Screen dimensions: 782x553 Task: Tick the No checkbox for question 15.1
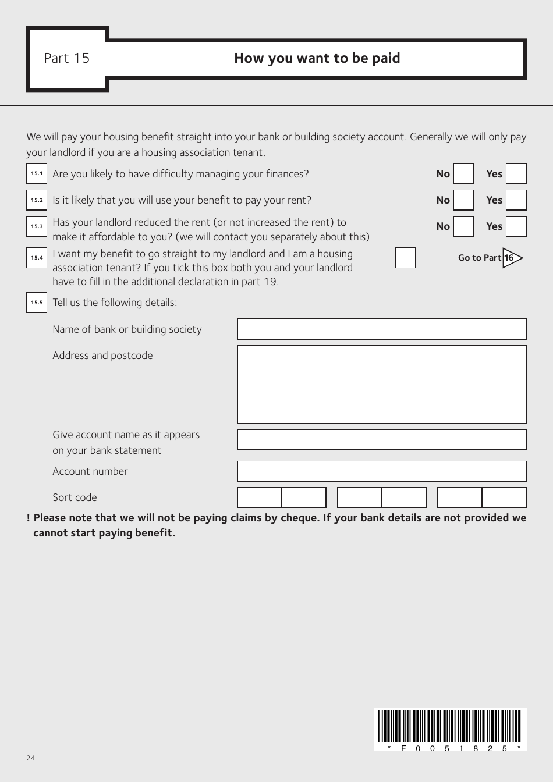point(463,174)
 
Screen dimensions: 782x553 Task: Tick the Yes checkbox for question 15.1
point(516,174)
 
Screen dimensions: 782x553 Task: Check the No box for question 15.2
point(463,200)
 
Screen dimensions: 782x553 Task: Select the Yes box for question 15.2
point(516,200)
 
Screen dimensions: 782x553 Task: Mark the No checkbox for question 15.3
point(463,226)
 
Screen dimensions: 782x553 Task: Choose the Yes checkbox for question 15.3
point(516,226)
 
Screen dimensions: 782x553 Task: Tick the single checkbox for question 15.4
point(405,258)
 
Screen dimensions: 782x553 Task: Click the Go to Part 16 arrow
point(512,258)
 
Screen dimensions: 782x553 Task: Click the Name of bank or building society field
point(381,329)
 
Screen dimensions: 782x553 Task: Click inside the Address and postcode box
point(381,384)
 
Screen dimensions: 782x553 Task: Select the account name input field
point(381,439)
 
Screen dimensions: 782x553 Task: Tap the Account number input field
point(381,471)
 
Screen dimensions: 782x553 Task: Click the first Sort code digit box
point(260,497)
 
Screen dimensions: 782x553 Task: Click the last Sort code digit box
point(504,497)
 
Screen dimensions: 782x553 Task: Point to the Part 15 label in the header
point(67,58)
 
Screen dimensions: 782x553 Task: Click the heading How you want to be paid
point(317,58)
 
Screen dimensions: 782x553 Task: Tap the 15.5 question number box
point(37,303)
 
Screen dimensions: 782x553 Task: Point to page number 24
point(31,758)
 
